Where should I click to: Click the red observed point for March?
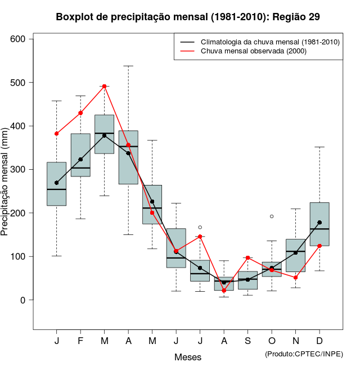[104, 86]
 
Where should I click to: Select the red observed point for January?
[56, 134]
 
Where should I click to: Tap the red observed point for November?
[295, 278]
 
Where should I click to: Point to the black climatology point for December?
[319, 223]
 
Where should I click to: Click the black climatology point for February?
[80, 159]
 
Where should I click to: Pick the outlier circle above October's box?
[272, 216]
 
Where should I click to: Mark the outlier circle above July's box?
[200, 227]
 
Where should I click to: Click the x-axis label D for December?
[319, 341]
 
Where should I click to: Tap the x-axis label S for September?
[247, 341]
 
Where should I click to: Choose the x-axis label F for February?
[80, 341]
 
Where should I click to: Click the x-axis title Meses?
[188, 357]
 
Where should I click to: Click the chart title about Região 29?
[188, 17]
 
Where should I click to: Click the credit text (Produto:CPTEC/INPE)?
[304, 354]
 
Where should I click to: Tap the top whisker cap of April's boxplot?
[128, 66]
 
